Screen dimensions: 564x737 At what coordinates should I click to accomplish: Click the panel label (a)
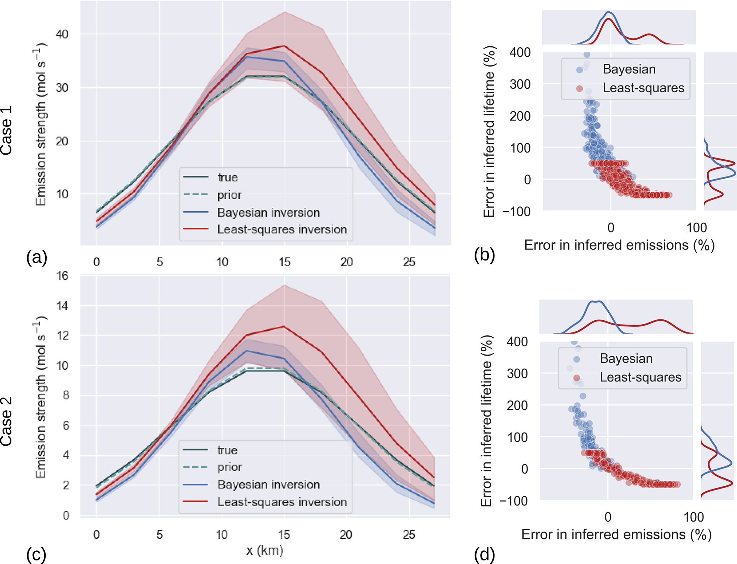tap(37, 257)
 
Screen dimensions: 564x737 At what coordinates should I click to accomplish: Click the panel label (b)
tap(485, 255)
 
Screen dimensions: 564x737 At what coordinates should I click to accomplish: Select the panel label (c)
tap(36, 554)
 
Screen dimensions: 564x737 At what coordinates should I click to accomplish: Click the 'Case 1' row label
tap(6, 130)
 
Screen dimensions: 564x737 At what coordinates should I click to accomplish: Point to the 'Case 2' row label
tap(6, 421)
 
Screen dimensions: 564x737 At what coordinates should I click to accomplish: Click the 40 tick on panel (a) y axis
tap(62, 34)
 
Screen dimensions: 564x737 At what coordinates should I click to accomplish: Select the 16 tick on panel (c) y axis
tap(62, 275)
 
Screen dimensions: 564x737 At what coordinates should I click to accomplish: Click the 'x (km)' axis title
tap(265, 550)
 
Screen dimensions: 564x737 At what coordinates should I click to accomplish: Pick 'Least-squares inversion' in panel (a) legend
tap(282, 229)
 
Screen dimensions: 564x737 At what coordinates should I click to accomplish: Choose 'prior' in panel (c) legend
tap(230, 467)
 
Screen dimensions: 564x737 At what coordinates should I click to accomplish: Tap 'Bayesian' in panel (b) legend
tap(629, 69)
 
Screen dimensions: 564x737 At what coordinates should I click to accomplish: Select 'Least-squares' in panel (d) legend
tap(640, 377)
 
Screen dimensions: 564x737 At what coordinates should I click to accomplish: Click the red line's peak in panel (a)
tap(284, 46)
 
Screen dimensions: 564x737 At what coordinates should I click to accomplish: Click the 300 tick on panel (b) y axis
tap(520, 84)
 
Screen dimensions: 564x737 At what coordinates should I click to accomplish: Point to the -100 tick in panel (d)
tap(513, 501)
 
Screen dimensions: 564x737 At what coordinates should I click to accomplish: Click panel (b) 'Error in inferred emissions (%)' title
tap(619, 245)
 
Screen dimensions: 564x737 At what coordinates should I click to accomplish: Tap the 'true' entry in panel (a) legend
tap(227, 177)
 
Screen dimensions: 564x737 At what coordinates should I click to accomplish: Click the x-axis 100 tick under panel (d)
tap(694, 517)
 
